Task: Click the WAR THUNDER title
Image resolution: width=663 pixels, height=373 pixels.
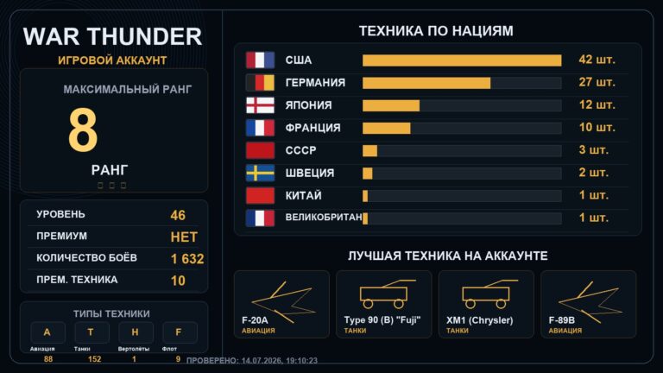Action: (112, 36)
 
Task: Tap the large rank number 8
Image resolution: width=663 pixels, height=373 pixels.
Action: (83, 130)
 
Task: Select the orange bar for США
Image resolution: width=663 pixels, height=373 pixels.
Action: (462, 60)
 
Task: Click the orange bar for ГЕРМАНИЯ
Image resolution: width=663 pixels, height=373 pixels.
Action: (426, 83)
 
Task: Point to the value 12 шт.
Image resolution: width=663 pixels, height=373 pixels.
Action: (597, 104)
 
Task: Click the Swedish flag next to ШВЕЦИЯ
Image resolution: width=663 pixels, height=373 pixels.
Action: (260, 173)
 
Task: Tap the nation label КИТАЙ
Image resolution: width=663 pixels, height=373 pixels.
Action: (303, 195)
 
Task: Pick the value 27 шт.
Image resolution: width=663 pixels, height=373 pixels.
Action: (597, 82)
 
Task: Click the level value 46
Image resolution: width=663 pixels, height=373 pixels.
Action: (178, 215)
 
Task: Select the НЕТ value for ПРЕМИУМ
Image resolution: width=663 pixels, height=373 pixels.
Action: (184, 237)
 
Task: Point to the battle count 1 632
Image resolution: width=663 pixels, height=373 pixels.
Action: (187, 259)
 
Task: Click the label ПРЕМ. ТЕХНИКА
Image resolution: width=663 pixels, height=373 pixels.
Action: (77, 280)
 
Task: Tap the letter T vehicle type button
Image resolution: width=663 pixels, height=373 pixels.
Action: (91, 332)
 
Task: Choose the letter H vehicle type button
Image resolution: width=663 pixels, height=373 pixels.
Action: (136, 332)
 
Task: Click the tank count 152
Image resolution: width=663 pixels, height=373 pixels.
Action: (94, 359)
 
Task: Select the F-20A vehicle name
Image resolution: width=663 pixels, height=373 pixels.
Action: (255, 320)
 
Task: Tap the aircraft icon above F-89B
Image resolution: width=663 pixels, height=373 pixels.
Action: (590, 300)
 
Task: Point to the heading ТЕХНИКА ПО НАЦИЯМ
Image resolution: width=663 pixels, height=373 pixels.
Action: (436, 31)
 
